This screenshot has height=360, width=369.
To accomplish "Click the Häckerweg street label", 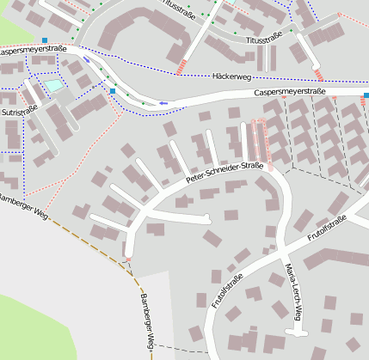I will click(x=230, y=76).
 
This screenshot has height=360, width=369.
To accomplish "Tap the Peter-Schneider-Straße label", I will click(x=224, y=172).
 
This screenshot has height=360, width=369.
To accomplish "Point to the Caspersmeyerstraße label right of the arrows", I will click(x=290, y=92).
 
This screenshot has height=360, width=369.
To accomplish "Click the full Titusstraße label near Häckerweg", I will click(x=264, y=40).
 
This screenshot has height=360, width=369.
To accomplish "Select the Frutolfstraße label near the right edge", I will click(x=327, y=231).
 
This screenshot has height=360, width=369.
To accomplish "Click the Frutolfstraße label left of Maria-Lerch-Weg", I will click(x=228, y=290).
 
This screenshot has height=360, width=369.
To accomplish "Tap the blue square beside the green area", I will click(x=45, y=40).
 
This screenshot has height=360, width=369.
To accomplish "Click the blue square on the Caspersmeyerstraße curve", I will click(x=112, y=90).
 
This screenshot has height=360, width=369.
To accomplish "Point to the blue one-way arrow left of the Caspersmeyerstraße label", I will click(x=163, y=104).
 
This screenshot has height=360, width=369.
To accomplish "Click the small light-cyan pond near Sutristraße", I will click(x=54, y=85).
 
